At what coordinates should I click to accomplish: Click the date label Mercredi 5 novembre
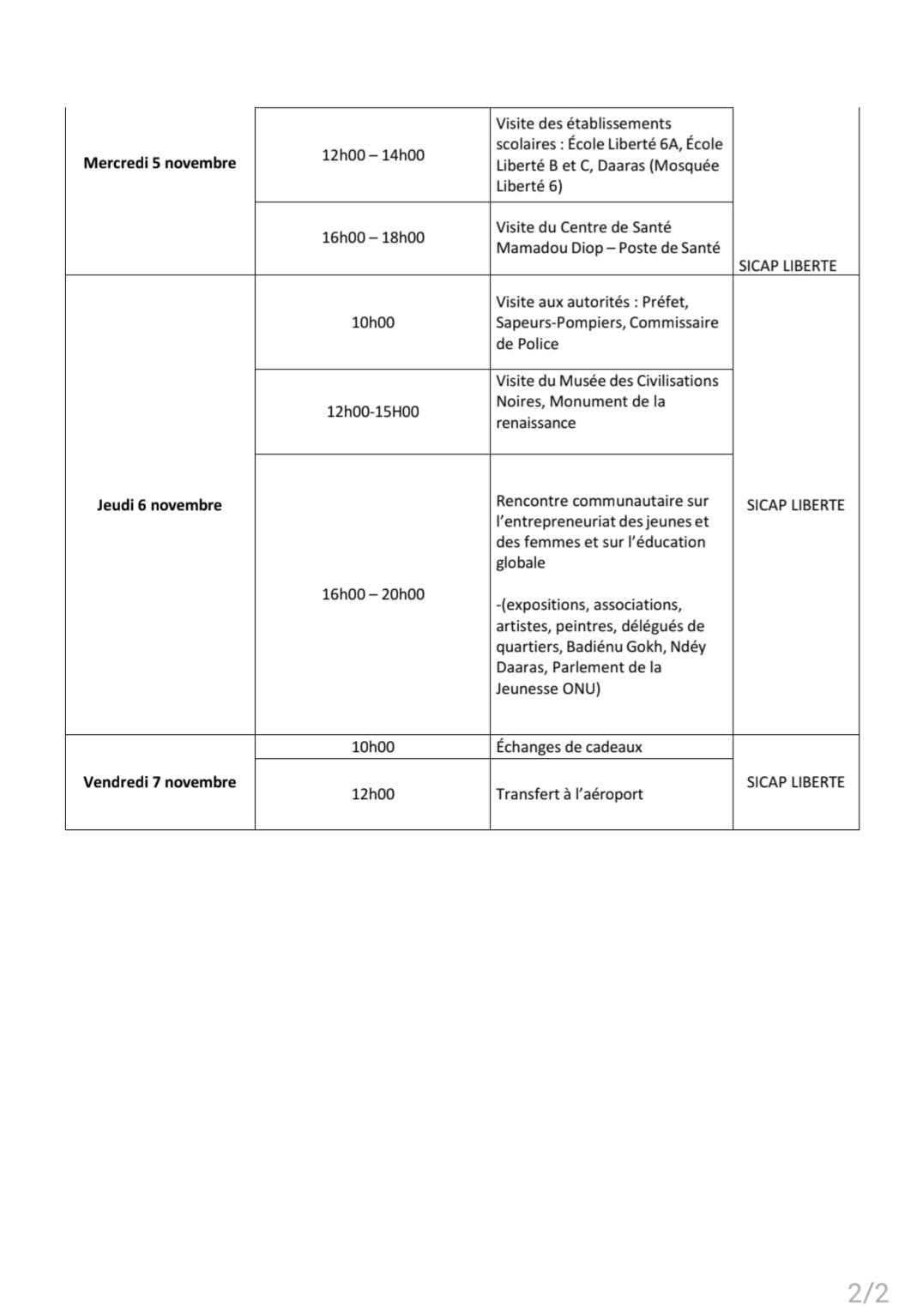click(x=160, y=163)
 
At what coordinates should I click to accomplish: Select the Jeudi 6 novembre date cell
click(x=160, y=505)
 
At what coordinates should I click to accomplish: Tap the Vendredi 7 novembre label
click(x=160, y=782)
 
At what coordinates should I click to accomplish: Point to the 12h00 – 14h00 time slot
click(x=373, y=155)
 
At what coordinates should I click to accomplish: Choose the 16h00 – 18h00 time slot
click(x=373, y=238)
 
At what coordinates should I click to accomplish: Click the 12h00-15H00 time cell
click(x=373, y=412)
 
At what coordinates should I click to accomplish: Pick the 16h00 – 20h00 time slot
click(x=373, y=594)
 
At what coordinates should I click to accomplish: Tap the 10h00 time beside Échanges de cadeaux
click(x=373, y=747)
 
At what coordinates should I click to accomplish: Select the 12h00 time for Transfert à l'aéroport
click(x=373, y=794)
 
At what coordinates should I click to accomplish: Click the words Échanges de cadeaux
click(x=569, y=747)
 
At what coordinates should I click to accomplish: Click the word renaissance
click(x=535, y=423)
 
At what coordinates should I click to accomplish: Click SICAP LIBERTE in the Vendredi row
click(x=795, y=782)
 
